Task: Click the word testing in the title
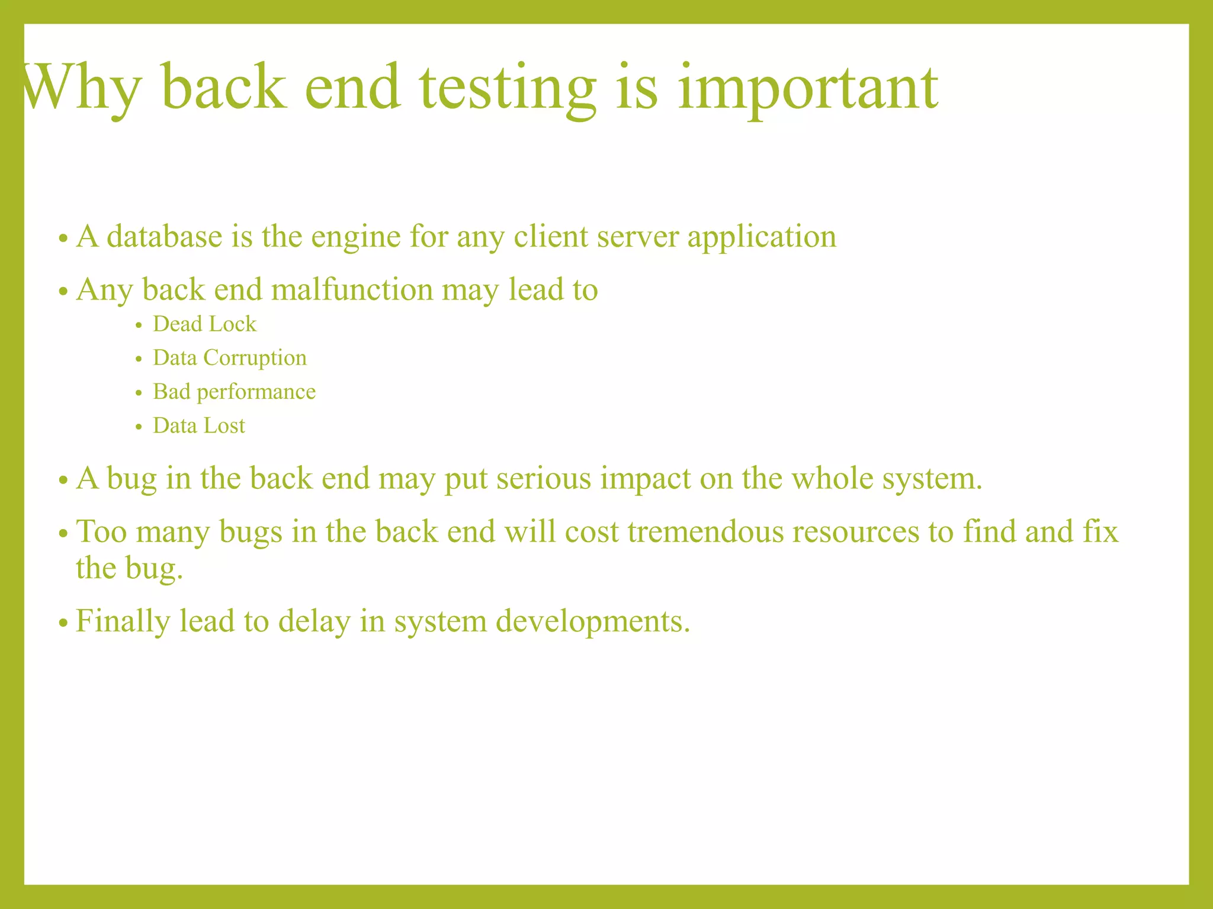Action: click(x=508, y=89)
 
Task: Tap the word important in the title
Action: click(x=807, y=89)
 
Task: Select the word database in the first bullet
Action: click(x=165, y=236)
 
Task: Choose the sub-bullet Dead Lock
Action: click(x=204, y=324)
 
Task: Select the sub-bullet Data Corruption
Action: click(x=230, y=358)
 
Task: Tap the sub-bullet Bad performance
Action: click(x=234, y=392)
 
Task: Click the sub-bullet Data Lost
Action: click(x=198, y=426)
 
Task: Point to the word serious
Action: click(x=544, y=478)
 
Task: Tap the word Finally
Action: click(x=123, y=622)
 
